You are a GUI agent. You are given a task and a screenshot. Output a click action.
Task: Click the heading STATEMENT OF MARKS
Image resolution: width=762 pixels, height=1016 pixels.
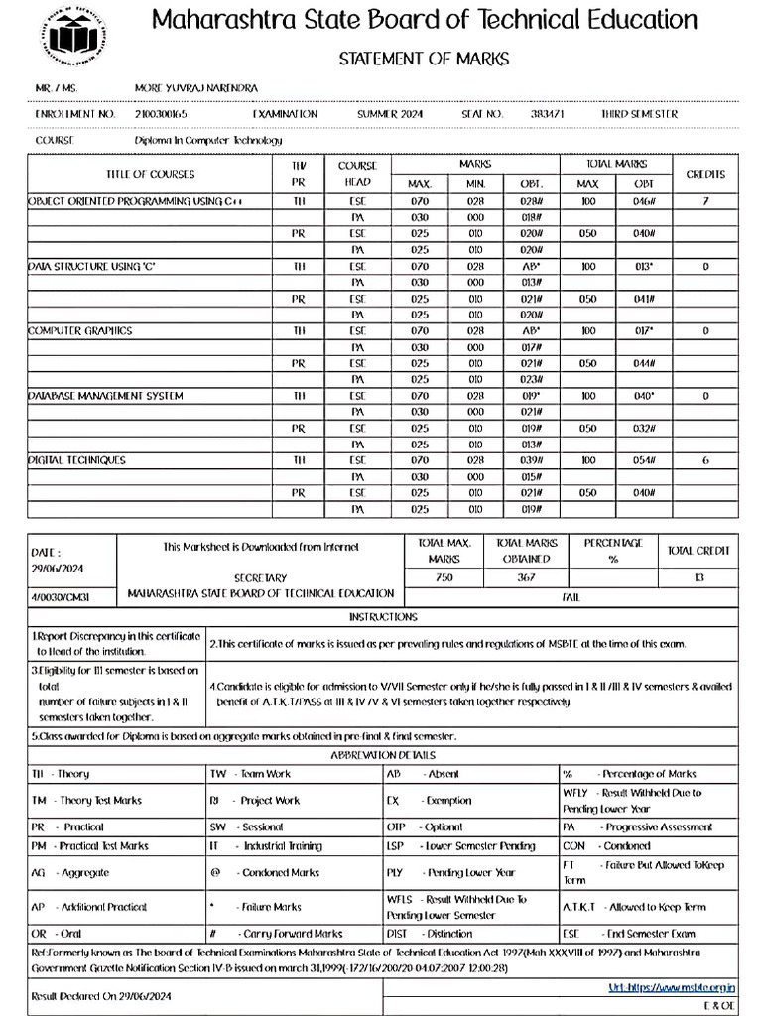424,59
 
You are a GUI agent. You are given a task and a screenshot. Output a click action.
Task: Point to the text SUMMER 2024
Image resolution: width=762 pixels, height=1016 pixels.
390,115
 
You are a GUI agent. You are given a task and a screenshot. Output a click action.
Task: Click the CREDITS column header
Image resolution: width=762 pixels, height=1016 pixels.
705,174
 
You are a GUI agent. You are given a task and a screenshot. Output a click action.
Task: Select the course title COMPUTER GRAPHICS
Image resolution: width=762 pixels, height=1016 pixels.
80,330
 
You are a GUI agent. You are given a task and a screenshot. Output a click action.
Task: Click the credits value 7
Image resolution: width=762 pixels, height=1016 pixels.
705,201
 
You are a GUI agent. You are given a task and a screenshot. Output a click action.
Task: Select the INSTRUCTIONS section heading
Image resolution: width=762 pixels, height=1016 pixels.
382,617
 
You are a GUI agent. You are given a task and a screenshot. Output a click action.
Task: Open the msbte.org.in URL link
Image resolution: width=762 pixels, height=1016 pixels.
672,988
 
